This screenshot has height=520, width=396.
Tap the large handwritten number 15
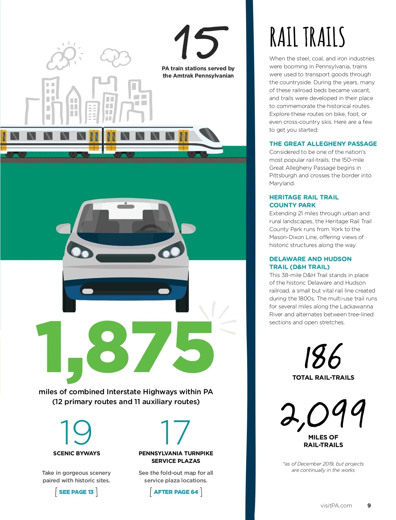point(200,42)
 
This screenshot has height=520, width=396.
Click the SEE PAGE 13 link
point(76,492)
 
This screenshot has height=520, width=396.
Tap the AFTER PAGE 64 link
point(176,492)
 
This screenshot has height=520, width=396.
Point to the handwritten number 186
point(323,357)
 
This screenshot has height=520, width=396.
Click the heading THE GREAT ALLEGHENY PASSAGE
point(323,144)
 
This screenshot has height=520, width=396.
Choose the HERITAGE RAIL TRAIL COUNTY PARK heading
point(304,201)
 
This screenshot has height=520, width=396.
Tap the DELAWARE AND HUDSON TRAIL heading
point(310,263)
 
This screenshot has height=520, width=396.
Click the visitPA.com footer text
point(336,505)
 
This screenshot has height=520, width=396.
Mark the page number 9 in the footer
point(369,505)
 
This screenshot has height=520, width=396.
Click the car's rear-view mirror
point(126,206)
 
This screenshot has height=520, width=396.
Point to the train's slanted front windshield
point(210,134)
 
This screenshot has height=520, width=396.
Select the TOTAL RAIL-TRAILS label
point(323,377)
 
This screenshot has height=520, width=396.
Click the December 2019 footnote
point(323,467)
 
